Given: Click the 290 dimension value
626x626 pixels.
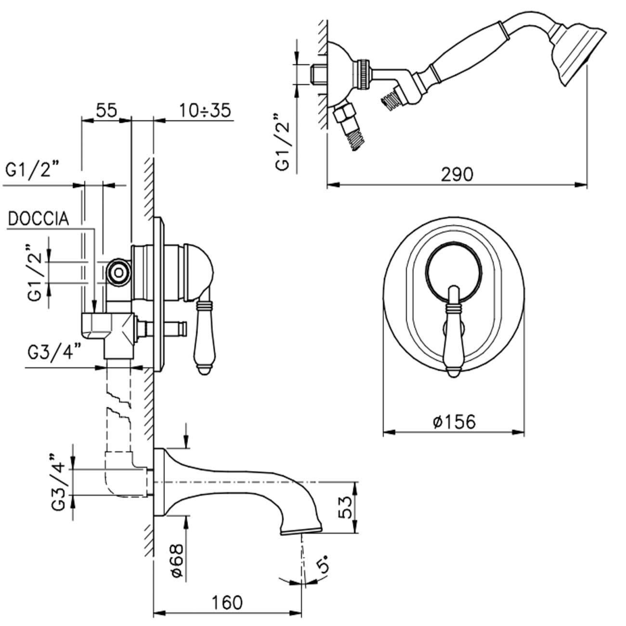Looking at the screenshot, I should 457,174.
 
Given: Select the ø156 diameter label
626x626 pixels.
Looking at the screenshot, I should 454,422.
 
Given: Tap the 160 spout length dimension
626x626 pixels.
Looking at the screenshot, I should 227,602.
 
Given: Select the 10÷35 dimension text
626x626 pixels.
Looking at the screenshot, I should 206,110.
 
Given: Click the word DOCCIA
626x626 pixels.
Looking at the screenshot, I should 39,219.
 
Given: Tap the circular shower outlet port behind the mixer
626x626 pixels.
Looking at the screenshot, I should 117,273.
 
